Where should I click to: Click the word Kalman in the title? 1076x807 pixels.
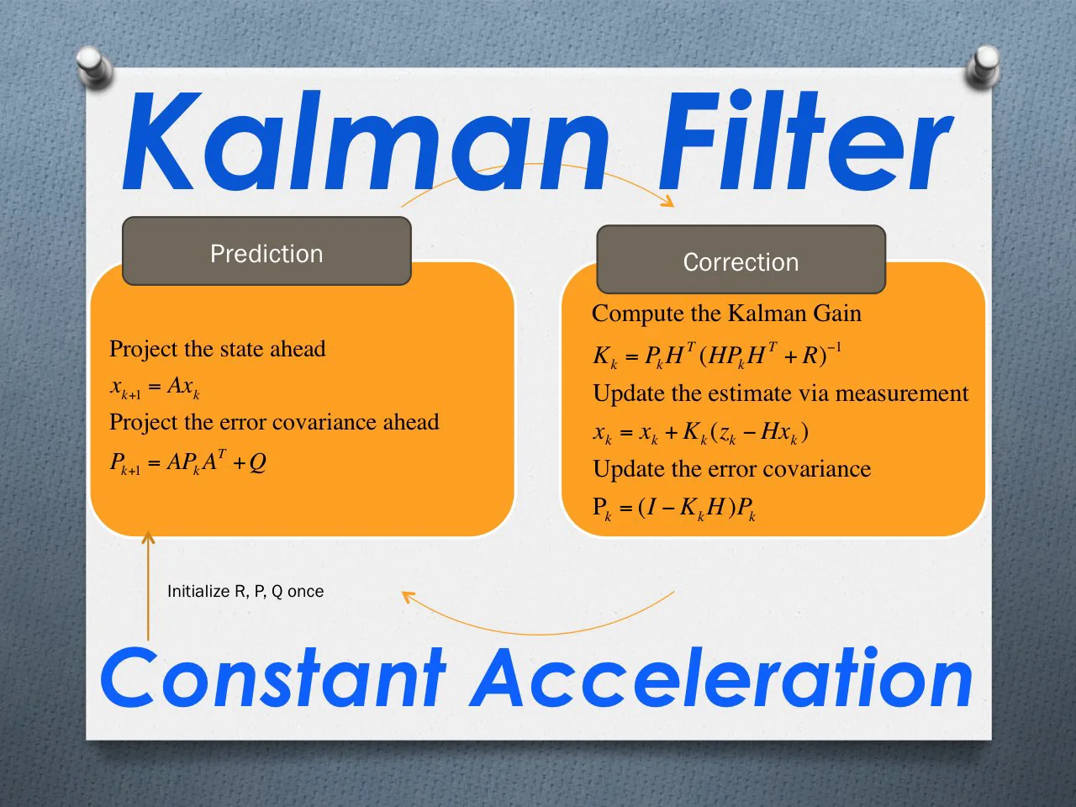(366, 143)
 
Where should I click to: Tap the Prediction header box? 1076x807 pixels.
(266, 252)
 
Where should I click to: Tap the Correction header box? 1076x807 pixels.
(741, 261)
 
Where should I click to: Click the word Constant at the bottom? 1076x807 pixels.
(273, 678)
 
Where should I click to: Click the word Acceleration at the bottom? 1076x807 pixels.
(723, 678)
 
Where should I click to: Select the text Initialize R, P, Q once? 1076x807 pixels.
(245, 591)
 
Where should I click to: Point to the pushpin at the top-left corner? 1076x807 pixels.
(93, 67)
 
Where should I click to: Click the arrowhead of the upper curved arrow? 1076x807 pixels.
(668, 202)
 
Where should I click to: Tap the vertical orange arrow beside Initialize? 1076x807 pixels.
(148, 588)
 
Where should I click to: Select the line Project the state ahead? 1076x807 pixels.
(217, 349)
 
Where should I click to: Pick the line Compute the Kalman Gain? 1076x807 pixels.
(726, 314)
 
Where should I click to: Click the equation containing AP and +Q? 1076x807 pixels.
(188, 462)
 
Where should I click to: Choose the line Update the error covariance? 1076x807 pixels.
(731, 468)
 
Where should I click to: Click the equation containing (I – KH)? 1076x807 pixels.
(674, 508)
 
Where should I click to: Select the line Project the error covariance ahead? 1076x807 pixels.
(274, 422)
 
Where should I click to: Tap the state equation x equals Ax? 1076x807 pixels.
(155, 387)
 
